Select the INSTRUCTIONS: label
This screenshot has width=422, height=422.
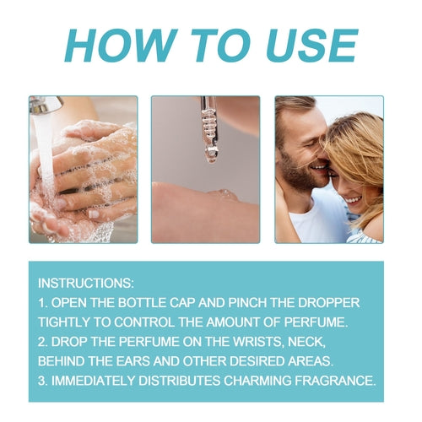[84, 283]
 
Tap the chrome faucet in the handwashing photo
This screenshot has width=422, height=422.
[48, 105]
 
